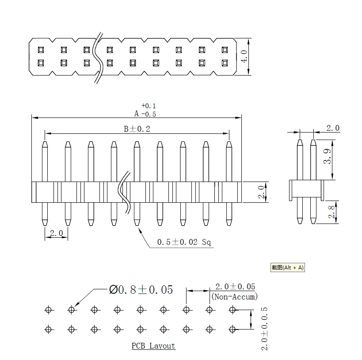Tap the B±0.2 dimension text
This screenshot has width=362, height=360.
137,129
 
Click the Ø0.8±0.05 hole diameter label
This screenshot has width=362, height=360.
141,290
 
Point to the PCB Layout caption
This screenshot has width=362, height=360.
153,346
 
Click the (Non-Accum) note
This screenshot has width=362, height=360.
235,297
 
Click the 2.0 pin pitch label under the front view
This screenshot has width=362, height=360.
56,233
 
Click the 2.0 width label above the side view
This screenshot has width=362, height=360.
333,128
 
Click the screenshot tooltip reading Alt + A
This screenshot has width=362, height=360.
288,267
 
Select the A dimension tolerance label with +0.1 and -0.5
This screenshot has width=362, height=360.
145,110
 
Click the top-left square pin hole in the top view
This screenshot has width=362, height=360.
41,49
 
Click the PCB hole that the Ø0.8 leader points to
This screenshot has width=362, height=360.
71,310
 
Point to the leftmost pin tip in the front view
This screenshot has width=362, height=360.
45,144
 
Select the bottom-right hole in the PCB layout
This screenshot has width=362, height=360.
232,329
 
